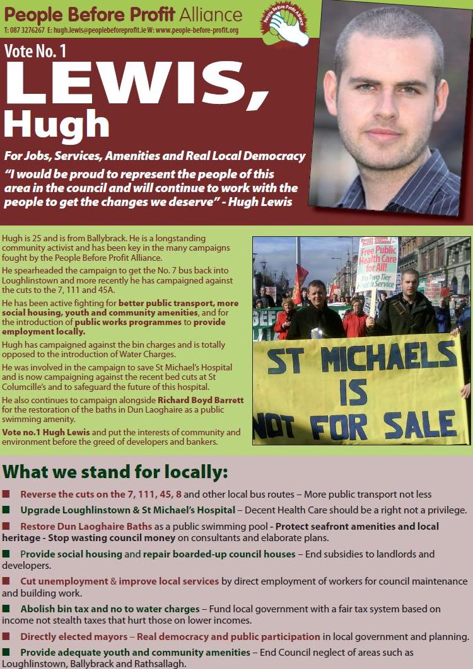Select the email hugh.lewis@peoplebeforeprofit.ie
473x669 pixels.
coord(100,30)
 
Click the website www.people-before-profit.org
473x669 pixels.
coord(202,30)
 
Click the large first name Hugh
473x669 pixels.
coord(57,123)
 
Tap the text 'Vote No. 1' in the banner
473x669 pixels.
coord(35,51)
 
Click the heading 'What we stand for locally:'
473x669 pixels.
coord(115,472)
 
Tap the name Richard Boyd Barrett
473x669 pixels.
coord(201,400)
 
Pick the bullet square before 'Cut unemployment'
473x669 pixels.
coord(6,581)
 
